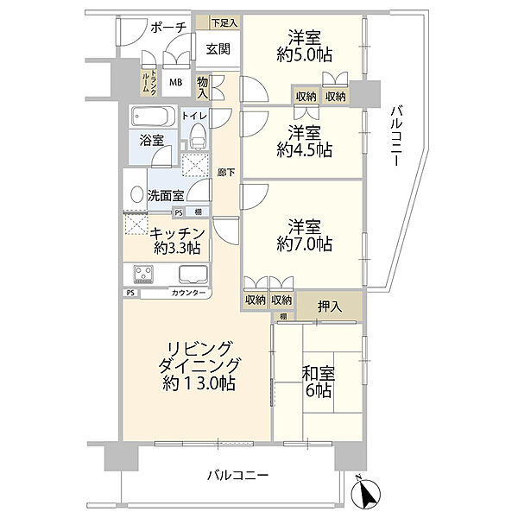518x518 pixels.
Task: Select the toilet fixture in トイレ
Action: tap(199, 136)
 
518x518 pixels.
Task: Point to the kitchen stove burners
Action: tap(143, 275)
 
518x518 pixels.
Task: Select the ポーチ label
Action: tap(168, 28)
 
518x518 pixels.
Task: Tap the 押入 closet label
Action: tap(329, 306)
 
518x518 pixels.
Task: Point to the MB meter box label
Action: tap(175, 83)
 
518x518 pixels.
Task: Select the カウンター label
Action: tap(189, 294)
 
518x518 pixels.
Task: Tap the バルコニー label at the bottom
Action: tap(238, 476)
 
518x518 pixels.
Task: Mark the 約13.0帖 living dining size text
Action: tap(198, 382)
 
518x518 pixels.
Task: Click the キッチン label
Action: tap(177, 233)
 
